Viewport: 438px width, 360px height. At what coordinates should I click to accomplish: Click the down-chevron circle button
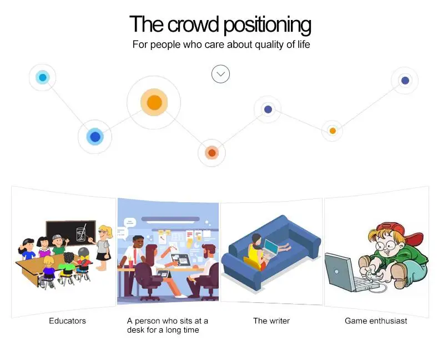tap(220, 74)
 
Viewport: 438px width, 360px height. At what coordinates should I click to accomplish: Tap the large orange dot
tap(154, 102)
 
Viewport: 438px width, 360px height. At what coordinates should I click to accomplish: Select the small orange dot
tap(333, 131)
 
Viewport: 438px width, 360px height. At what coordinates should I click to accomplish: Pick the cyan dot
tap(43, 77)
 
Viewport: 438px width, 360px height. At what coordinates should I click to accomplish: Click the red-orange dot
tap(212, 153)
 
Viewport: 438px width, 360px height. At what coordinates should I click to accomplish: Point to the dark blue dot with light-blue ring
tap(95, 137)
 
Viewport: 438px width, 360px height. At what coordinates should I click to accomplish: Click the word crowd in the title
tap(193, 24)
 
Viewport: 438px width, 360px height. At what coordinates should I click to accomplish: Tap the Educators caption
tap(67, 321)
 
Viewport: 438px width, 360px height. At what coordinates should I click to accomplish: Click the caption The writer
tap(271, 321)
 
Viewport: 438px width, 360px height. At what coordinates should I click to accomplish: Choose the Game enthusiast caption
tap(376, 321)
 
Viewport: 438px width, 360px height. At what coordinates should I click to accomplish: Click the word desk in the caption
tap(135, 330)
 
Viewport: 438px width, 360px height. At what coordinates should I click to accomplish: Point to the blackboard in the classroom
tap(71, 233)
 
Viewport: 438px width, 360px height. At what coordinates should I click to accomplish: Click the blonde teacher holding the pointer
tap(103, 247)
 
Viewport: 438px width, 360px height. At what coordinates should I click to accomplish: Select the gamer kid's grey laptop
tap(345, 273)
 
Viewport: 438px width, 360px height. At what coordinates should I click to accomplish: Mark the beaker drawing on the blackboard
tap(81, 233)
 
